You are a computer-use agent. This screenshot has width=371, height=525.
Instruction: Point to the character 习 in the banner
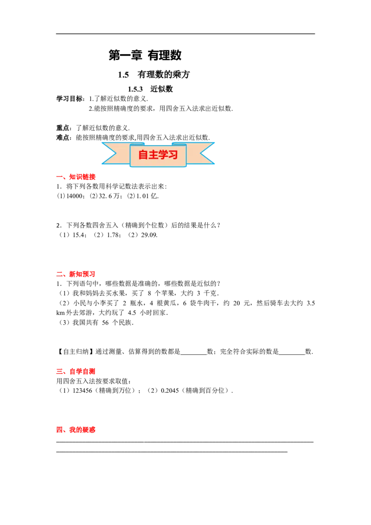click(x=173, y=155)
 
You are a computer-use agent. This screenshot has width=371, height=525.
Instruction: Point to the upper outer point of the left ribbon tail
click(x=102, y=142)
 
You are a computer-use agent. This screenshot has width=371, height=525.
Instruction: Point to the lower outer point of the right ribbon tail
click(x=214, y=164)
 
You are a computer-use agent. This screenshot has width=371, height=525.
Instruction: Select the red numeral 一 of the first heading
click(x=59, y=177)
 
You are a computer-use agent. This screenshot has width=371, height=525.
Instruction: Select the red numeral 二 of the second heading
click(x=59, y=275)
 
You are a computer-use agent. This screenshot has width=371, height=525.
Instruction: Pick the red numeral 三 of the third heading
click(x=59, y=372)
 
